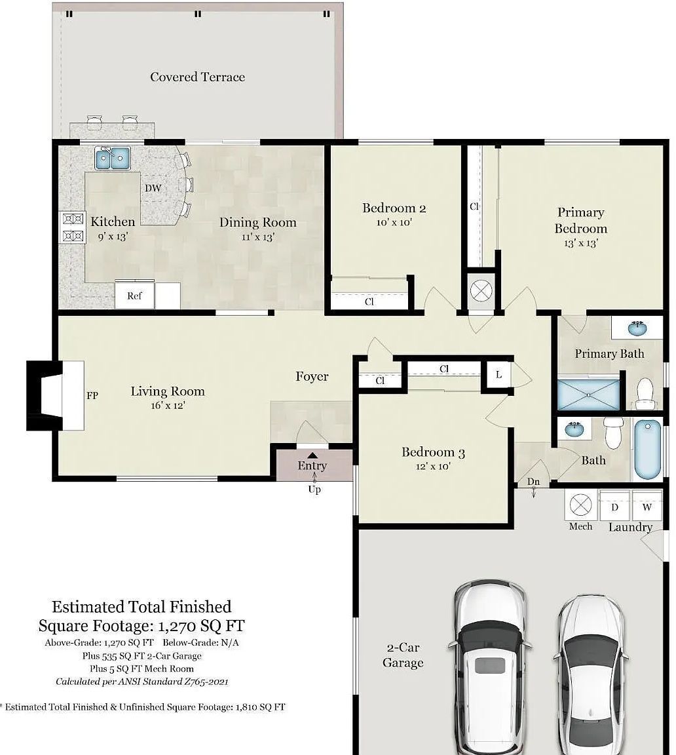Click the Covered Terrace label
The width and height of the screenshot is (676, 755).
(x=197, y=77)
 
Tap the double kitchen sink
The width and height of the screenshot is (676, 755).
(x=113, y=159)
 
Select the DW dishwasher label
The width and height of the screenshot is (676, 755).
(x=153, y=188)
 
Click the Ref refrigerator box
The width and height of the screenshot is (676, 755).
(x=134, y=295)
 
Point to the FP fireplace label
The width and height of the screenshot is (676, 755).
(x=92, y=395)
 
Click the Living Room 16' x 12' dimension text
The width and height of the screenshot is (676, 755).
(x=168, y=406)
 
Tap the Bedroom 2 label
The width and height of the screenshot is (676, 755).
(x=394, y=208)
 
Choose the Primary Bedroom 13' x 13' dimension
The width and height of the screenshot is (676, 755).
(x=581, y=243)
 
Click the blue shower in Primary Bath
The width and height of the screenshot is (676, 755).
(x=588, y=395)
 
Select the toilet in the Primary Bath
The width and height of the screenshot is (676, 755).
(x=645, y=393)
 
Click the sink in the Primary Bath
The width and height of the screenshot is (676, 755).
(x=637, y=329)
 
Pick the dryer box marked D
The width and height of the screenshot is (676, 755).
(x=614, y=506)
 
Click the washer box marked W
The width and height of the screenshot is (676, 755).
(x=647, y=506)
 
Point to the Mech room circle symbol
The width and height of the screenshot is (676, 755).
(x=580, y=505)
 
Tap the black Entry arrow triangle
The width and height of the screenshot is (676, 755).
(x=312, y=455)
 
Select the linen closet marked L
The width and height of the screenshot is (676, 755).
(x=499, y=374)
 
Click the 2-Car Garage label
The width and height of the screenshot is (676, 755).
(x=403, y=655)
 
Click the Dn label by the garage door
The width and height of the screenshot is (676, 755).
(x=533, y=482)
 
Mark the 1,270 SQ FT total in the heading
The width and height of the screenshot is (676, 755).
(x=202, y=626)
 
